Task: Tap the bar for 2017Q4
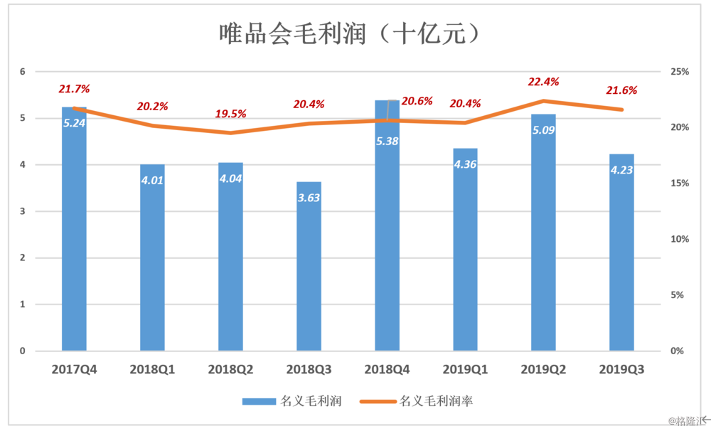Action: click(74, 235)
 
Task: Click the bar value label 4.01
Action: click(152, 179)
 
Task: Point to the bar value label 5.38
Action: click(387, 141)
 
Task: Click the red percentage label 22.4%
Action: click(543, 82)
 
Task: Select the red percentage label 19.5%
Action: click(230, 114)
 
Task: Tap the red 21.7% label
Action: click(74, 89)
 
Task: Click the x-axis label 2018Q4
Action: click(387, 370)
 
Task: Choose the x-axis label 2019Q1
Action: click(465, 370)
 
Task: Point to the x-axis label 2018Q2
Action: click(230, 370)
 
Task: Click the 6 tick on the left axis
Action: click(23, 72)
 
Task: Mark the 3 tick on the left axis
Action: click(23, 211)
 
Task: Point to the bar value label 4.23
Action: click(621, 170)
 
